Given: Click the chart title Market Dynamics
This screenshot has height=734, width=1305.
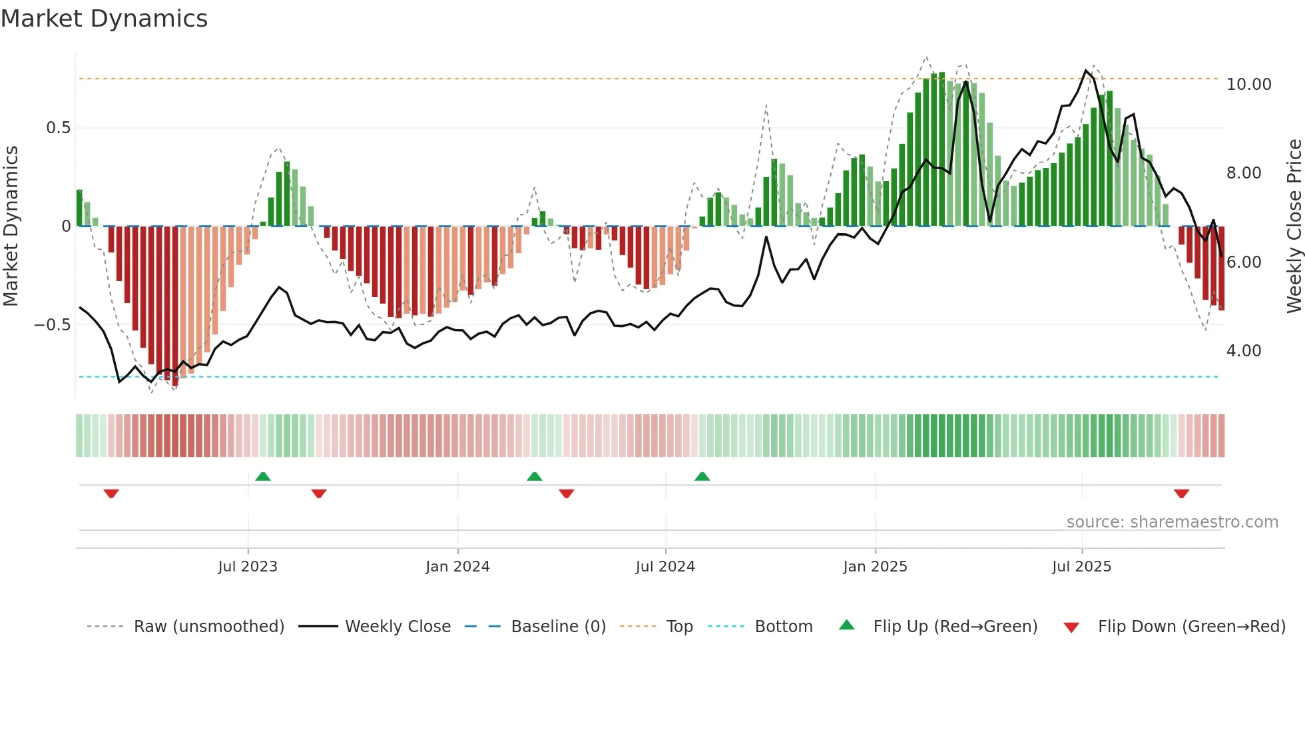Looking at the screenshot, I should [x=104, y=19].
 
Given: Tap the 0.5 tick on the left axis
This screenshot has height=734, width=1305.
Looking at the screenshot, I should [x=58, y=128].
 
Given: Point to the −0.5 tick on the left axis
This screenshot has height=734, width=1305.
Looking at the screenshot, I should [x=52, y=325].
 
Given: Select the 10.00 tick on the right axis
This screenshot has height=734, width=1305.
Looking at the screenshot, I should [x=1248, y=85].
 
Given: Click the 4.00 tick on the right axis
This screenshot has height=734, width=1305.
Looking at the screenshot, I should [x=1244, y=351].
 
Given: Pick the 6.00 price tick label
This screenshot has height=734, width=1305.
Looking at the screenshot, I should [x=1244, y=262].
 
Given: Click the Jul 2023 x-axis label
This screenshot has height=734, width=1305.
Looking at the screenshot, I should [x=248, y=567].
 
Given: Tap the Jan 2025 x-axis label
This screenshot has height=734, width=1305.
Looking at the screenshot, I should [x=875, y=567].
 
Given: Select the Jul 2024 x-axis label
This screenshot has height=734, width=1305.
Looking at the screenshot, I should [x=665, y=567].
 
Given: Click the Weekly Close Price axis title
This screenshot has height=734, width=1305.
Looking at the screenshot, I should [x=1294, y=226].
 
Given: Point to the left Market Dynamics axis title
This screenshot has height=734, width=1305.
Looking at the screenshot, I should [x=11, y=226].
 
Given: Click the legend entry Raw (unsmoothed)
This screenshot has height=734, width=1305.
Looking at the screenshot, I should [x=208, y=627].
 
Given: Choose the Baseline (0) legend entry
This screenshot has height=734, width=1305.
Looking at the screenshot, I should [x=558, y=627].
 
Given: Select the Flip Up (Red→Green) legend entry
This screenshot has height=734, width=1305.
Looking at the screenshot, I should [x=955, y=627].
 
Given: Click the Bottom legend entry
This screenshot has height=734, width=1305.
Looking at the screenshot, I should [x=783, y=627].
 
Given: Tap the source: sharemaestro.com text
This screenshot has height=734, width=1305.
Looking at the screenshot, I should [x=1172, y=522].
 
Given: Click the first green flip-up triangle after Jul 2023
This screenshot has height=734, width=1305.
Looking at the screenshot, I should [x=263, y=477].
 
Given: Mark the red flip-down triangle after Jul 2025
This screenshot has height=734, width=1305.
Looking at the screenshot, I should [x=1182, y=494].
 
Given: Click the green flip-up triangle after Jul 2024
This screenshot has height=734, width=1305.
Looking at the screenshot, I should [x=702, y=477].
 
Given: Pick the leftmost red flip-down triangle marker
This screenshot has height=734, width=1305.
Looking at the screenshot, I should [x=111, y=494].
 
